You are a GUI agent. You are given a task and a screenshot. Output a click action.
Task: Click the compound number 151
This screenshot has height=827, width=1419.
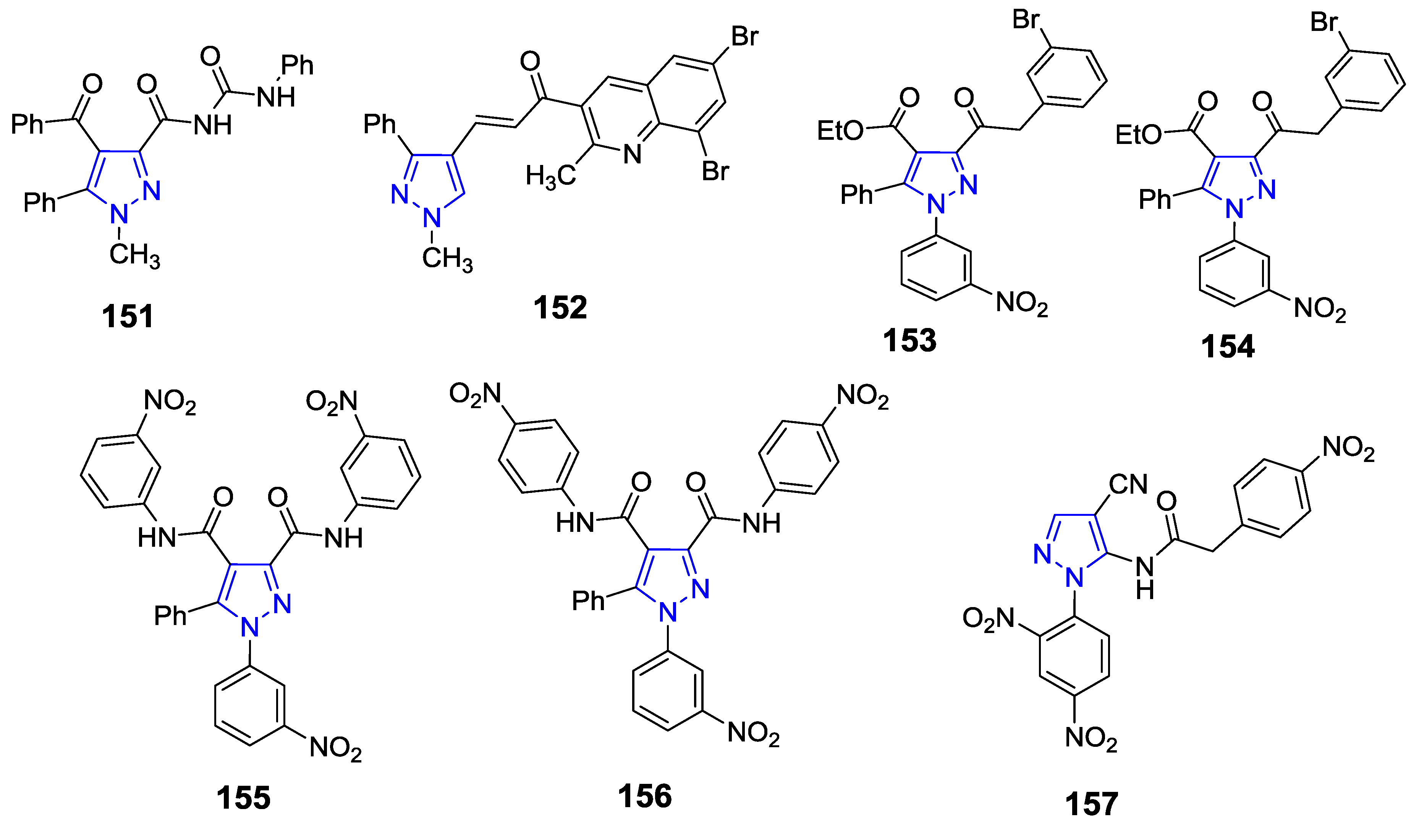coord(128,317)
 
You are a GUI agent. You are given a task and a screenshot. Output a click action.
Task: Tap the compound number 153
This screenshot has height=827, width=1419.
coord(909,341)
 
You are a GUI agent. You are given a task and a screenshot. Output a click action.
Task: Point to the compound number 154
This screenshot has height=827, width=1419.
coord(1228,346)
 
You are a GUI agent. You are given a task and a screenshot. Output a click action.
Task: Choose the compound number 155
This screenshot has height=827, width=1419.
coord(243,798)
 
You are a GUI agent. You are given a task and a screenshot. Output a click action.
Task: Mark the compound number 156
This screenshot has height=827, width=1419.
coord(645,796)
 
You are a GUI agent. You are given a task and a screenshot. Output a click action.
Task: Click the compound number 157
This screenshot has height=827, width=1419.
coord(1091,804)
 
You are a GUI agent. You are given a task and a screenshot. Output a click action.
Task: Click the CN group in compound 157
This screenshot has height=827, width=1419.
coord(1128,484)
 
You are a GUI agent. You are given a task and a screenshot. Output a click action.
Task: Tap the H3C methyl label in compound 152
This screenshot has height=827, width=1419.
coord(550,177)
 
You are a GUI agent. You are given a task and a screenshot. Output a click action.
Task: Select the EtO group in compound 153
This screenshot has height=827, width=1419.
coord(840,131)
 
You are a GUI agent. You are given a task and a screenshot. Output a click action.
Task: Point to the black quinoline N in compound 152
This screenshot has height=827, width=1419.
coord(633,154)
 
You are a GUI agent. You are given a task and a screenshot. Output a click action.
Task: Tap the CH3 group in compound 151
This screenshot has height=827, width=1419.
coord(134,255)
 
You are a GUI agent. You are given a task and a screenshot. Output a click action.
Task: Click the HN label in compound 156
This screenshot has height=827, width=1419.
coord(575,522)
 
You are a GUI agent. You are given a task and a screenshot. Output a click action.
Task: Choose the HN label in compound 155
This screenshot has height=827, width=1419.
coord(157,538)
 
